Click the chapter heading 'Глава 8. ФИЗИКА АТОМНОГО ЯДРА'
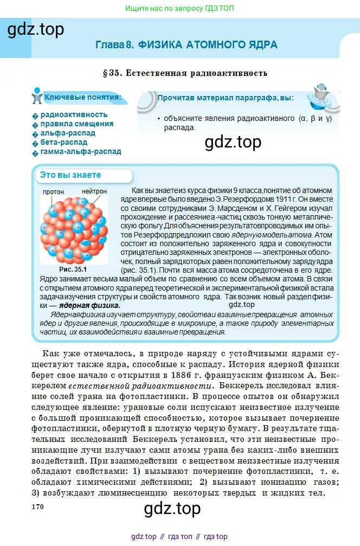click(186, 44)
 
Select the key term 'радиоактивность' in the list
click(74, 114)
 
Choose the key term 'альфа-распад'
click(68, 133)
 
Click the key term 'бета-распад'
click(63, 142)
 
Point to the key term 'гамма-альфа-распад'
click(81, 151)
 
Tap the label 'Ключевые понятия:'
click(82, 98)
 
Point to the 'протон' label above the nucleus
click(53, 192)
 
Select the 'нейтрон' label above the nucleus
click(94, 192)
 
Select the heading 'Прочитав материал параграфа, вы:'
click(225, 98)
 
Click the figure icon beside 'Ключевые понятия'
click(37, 95)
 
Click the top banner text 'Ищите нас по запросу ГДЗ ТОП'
click(180, 9)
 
